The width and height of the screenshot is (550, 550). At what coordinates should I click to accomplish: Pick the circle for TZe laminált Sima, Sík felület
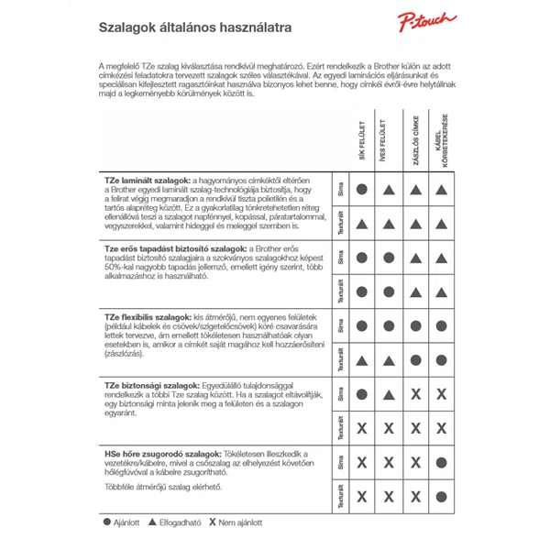tap(362, 189)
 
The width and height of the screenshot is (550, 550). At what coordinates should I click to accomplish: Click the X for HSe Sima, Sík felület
tap(362, 462)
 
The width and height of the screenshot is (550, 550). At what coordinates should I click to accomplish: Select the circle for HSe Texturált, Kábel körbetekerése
tap(442, 497)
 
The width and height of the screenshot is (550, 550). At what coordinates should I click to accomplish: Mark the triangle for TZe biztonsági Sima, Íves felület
tap(389, 395)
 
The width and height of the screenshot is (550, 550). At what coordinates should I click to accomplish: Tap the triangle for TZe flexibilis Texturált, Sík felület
tap(362, 360)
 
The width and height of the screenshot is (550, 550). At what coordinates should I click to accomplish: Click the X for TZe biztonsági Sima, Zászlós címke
tap(415, 394)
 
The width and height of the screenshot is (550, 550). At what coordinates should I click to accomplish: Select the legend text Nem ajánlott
tap(243, 523)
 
